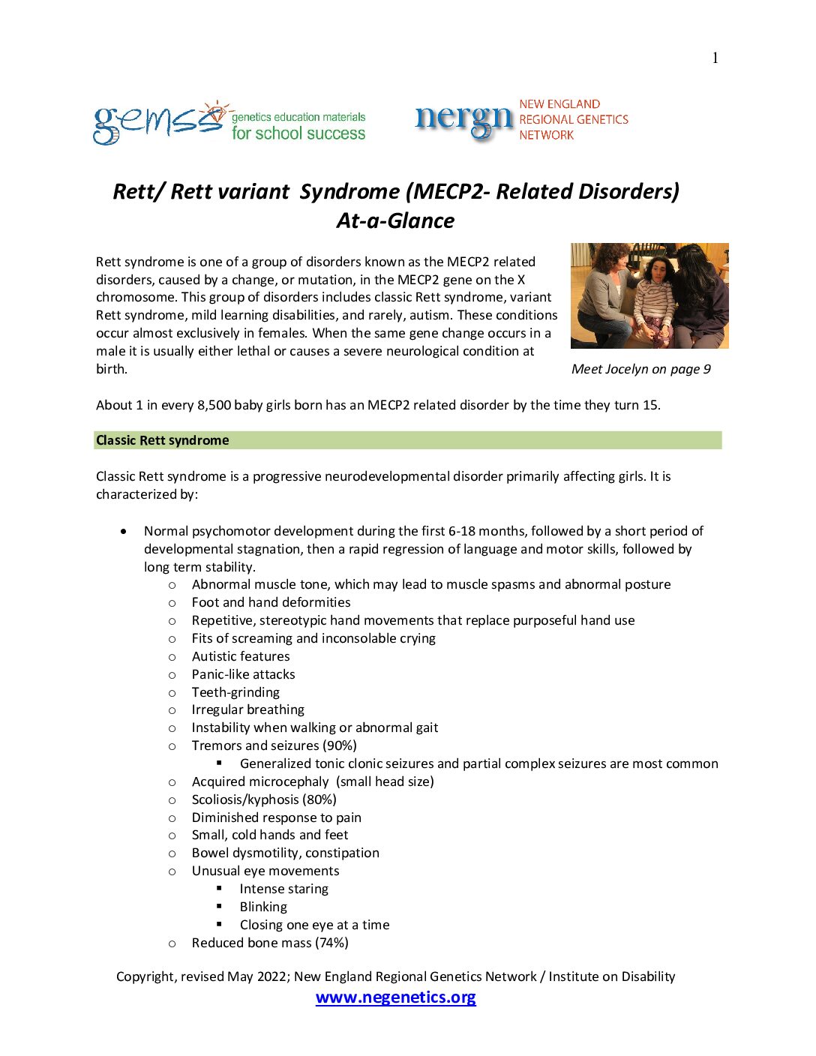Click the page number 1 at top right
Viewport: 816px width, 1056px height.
coord(715,58)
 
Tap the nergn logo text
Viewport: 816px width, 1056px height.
coord(463,120)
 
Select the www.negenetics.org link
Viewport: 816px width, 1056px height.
coord(395,997)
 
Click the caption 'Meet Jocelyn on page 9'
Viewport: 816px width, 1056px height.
coord(640,369)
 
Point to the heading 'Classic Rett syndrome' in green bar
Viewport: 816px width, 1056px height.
coord(163,440)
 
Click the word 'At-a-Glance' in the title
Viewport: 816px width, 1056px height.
coord(395,220)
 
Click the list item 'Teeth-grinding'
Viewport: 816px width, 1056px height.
coord(235,692)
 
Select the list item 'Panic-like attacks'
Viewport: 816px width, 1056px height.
coord(243,674)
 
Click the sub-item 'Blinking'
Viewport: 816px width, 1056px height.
coord(263,907)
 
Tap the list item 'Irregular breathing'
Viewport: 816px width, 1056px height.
coord(247,709)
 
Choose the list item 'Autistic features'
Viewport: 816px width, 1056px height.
coord(241,656)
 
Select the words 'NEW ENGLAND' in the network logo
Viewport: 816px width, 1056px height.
coord(559,104)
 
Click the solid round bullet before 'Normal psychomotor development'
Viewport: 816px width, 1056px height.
coord(124,531)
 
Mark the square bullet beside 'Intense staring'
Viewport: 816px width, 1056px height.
coord(220,888)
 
